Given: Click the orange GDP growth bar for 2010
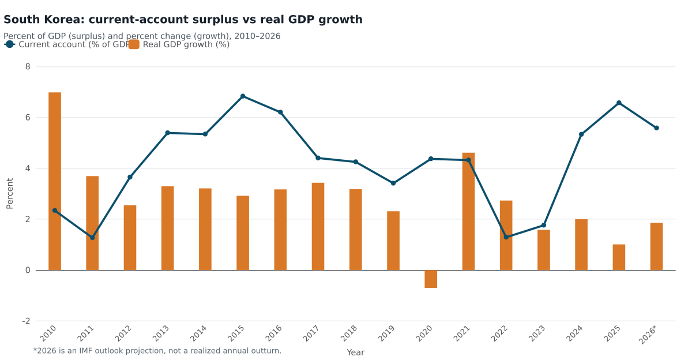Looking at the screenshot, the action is (55, 181).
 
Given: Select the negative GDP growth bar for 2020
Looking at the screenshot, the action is (431, 279).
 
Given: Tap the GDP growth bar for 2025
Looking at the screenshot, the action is (619, 257).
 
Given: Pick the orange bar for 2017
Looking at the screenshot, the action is (318, 227).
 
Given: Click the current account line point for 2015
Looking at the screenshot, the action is (243, 96).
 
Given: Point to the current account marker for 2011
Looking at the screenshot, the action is (92, 238).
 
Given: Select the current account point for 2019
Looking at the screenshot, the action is (393, 183).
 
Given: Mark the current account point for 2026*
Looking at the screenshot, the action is (656, 128).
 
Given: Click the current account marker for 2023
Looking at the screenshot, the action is (544, 225).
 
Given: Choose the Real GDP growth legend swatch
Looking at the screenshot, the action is (134, 44).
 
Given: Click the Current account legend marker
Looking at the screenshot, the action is (10, 44).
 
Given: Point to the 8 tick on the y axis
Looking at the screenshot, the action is (28, 66).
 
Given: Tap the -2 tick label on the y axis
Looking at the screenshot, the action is (27, 321).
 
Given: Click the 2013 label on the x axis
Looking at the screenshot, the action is (161, 333).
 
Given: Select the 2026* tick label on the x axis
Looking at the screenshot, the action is (648, 335).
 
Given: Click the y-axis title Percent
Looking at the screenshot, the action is (10, 193).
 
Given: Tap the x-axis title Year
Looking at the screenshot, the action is (356, 352).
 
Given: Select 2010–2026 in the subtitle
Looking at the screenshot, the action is (257, 36).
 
